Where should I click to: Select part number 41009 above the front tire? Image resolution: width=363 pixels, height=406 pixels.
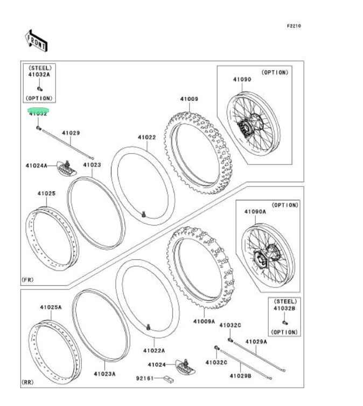pos(189,99)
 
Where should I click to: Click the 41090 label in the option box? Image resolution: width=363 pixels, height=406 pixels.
pos(242,79)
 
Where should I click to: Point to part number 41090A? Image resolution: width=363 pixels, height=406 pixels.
pos(256,212)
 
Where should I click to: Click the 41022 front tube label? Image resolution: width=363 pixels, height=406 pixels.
pos(146,137)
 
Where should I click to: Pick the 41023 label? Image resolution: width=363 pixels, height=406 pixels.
pos(92,165)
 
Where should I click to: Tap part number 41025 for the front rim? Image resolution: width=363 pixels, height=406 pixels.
pos(46,192)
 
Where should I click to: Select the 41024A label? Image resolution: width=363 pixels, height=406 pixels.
pos(37,166)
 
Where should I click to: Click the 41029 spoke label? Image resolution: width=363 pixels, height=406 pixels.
pos(71,133)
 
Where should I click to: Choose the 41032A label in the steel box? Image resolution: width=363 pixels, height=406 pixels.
pos(39,75)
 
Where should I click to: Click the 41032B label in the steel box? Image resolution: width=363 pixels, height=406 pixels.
pos(285,308)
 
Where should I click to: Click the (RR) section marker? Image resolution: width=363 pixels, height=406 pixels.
pos(28,382)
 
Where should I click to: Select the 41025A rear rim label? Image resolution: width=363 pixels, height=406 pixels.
pos(50,307)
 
